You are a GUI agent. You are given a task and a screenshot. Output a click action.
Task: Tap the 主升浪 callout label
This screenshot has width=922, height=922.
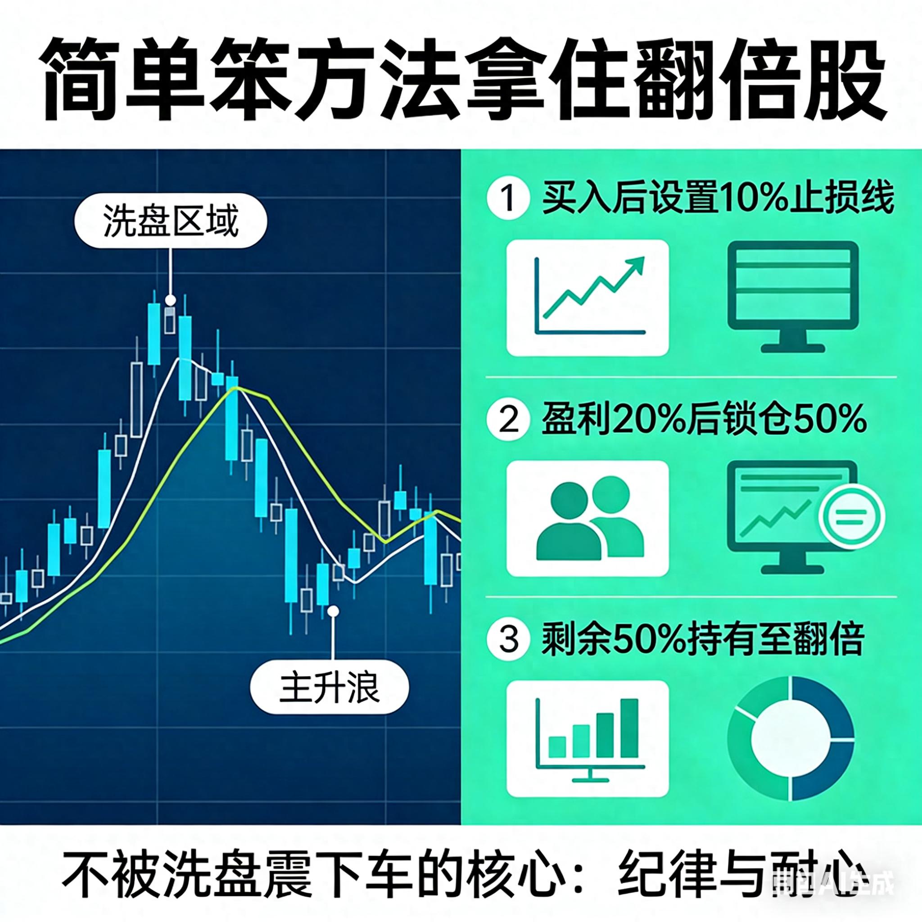point(329,688)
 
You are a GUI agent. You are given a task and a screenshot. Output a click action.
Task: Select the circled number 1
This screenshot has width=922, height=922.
point(508,199)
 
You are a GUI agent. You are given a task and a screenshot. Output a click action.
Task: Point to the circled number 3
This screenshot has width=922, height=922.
point(508,638)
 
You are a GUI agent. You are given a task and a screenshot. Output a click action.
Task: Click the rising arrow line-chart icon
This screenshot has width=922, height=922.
point(588,298)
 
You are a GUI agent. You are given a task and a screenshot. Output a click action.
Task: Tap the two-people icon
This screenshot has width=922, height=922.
point(588,519)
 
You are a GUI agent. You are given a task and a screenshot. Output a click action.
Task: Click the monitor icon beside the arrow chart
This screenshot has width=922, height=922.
point(792,296)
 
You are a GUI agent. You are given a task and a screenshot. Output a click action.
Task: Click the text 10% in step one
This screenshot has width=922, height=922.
point(752,199)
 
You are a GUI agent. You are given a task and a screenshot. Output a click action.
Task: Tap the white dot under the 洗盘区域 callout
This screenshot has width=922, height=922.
point(170,300)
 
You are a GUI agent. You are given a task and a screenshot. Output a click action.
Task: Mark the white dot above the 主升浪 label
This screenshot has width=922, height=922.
point(334,611)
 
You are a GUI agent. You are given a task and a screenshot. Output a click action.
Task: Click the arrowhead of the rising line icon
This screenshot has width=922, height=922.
point(637,263)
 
